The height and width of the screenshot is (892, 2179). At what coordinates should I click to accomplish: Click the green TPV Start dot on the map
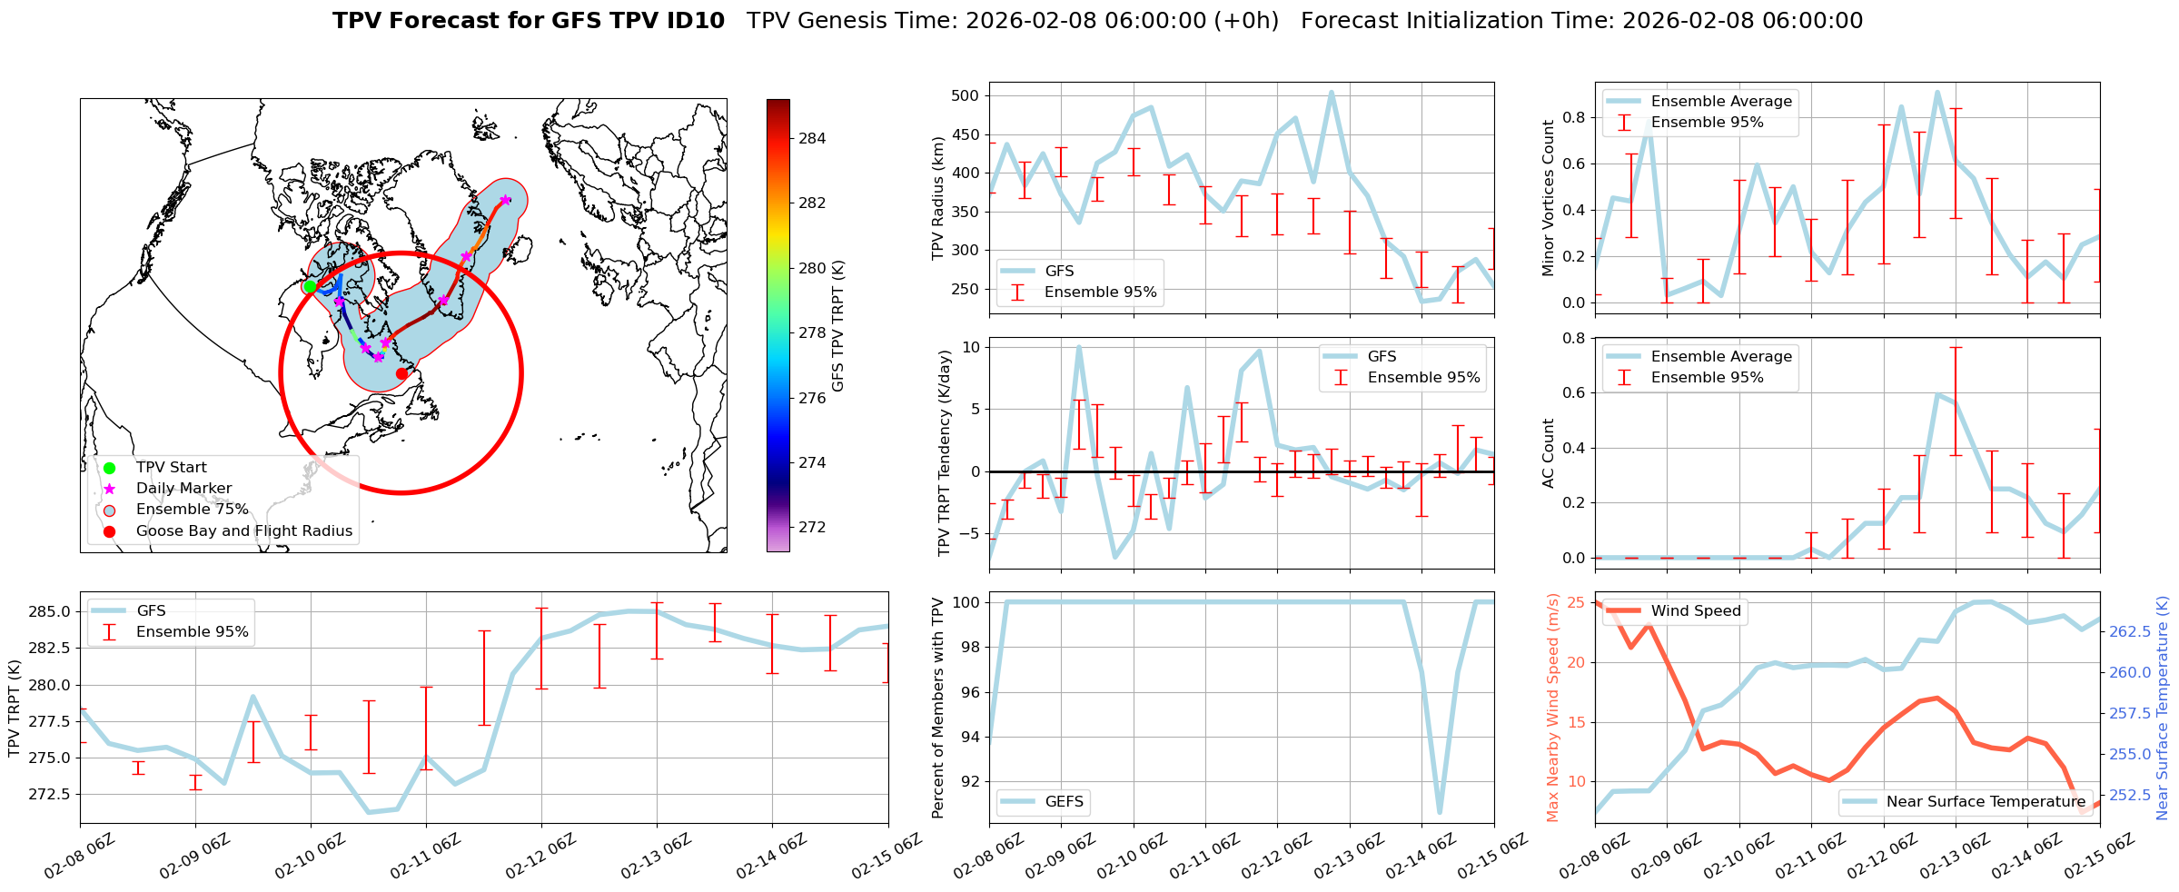(x=310, y=286)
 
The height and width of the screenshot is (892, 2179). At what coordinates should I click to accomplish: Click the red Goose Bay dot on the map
(x=401, y=373)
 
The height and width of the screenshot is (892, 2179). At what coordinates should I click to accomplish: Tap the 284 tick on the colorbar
(x=812, y=139)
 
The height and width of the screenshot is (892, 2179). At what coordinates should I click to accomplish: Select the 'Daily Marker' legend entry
(x=183, y=489)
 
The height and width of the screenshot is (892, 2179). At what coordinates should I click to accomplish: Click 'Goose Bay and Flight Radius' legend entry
(x=243, y=531)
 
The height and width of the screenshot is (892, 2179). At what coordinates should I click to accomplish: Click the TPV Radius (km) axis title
(x=938, y=199)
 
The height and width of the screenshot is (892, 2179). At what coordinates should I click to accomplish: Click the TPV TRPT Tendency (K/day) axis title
(x=945, y=452)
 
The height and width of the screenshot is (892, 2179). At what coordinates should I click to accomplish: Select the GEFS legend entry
(x=1064, y=802)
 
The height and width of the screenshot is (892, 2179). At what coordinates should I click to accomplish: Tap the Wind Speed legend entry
(x=1695, y=611)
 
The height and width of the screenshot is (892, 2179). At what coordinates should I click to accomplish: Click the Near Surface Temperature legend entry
(x=1986, y=802)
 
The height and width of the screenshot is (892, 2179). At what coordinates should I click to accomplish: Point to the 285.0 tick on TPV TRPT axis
(x=51, y=611)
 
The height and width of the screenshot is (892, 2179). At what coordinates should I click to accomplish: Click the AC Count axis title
(x=1548, y=453)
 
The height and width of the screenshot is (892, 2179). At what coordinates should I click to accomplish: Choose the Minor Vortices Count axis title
(x=1548, y=198)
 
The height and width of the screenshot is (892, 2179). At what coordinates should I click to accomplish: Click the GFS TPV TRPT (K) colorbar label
(x=837, y=325)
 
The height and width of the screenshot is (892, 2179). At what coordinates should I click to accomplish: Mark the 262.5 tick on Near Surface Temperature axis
(x=2129, y=631)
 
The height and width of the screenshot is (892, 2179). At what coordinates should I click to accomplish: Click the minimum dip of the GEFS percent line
(x=1440, y=812)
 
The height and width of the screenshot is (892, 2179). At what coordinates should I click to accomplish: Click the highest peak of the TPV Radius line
(x=1332, y=93)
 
